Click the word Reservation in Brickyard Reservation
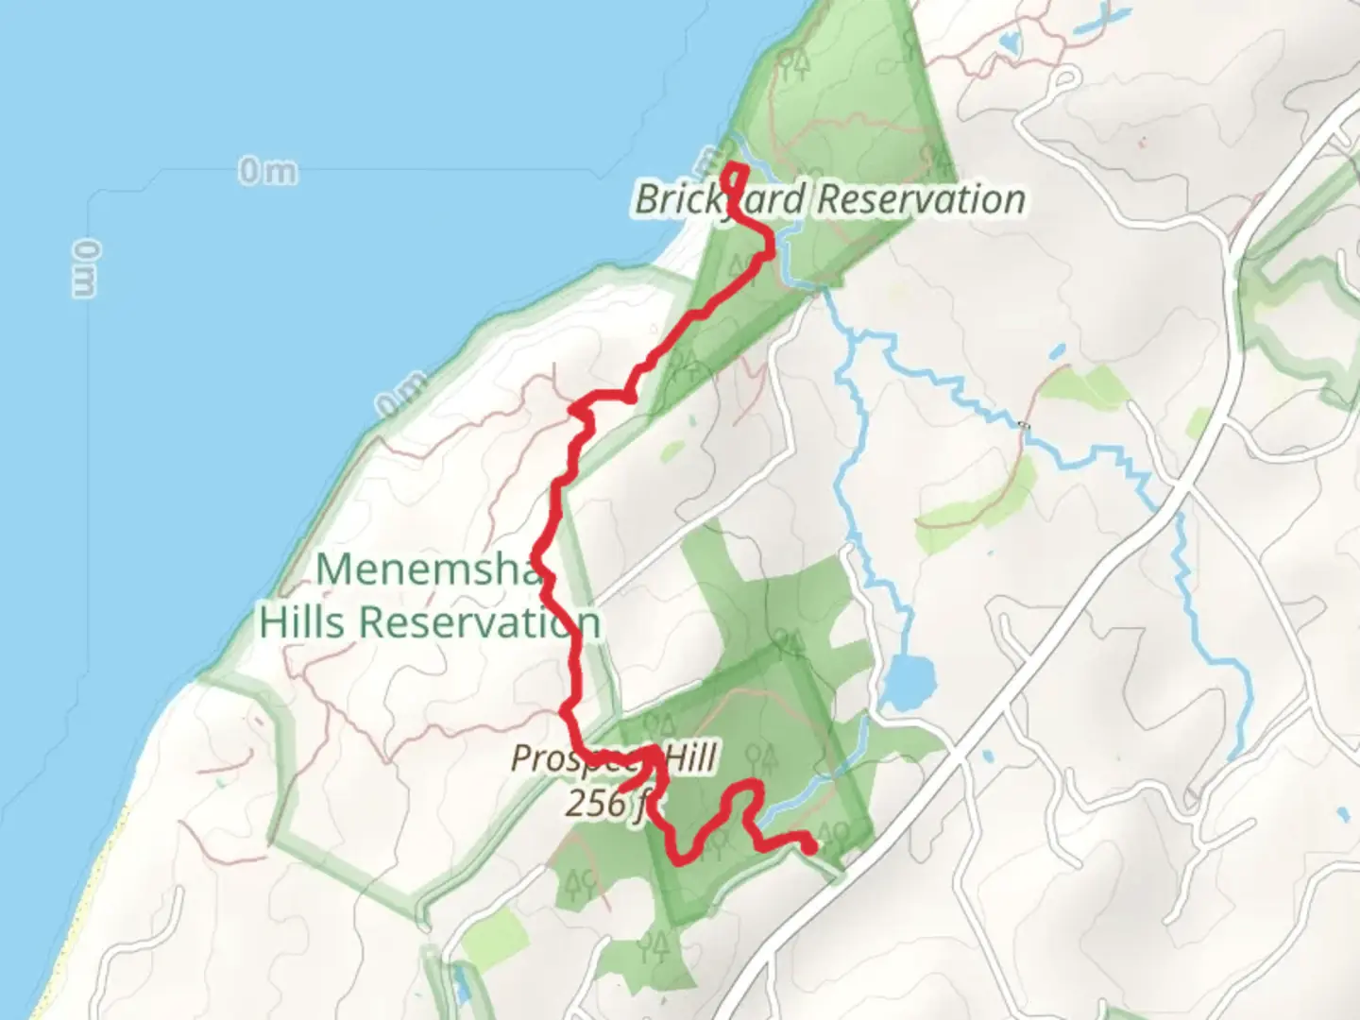921,199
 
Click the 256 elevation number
594,803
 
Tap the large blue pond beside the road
908,679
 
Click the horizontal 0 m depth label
267,172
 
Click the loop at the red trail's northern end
735,175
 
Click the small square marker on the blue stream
1024,427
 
